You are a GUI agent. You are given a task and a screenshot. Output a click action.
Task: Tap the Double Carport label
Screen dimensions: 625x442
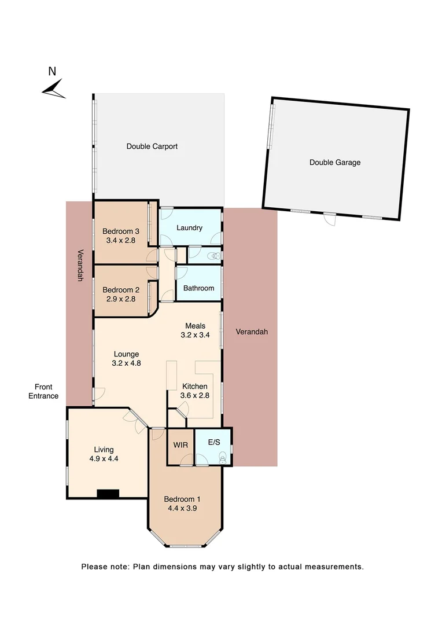pyautogui.click(x=152, y=146)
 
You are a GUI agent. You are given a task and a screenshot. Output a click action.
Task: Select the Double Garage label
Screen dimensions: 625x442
pyautogui.click(x=335, y=163)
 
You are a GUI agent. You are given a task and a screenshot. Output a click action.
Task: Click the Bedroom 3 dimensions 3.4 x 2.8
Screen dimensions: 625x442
pyautogui.click(x=119, y=240)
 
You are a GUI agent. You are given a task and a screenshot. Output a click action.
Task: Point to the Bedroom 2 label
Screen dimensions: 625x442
pyautogui.click(x=119, y=290)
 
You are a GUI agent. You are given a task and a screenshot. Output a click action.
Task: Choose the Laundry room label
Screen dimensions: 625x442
pyautogui.click(x=189, y=228)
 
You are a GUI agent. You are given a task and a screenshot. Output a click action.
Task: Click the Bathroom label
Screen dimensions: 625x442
pyautogui.click(x=198, y=288)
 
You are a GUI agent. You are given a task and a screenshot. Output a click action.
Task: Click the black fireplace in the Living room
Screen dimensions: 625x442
pyautogui.click(x=108, y=494)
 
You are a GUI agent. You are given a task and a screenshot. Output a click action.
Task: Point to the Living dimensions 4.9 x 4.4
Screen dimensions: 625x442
pyautogui.click(x=105, y=458)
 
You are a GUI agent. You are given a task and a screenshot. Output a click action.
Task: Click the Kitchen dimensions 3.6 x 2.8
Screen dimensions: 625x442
pyautogui.click(x=196, y=395)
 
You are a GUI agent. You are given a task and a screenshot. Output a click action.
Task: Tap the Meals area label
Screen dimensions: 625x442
pyautogui.click(x=195, y=326)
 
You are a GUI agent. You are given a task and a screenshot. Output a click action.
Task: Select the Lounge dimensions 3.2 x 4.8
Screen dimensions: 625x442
pyautogui.click(x=126, y=363)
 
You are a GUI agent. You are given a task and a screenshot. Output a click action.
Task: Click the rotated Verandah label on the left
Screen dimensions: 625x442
pyautogui.click(x=80, y=266)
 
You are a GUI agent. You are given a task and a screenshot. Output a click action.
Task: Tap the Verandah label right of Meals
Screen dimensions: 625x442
pyautogui.click(x=252, y=332)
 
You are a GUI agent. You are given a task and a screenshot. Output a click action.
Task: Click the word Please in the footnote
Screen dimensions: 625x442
pyautogui.click(x=94, y=567)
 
